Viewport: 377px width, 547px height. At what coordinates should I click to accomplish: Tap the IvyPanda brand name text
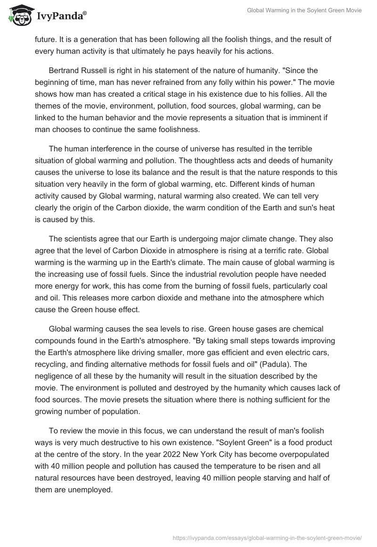click(61, 17)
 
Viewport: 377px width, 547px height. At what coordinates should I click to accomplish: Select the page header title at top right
click(304, 10)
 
